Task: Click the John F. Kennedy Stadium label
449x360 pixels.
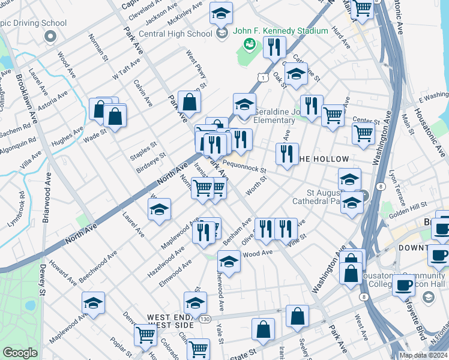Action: coord(280,31)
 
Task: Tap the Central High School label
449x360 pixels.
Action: coord(175,34)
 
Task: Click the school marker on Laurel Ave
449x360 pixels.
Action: coord(159,210)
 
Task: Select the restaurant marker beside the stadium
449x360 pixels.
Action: coord(274,46)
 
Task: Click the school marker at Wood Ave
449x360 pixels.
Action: coord(228,261)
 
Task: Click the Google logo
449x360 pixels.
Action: coord(20,353)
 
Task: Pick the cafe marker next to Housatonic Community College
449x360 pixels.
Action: coord(403,285)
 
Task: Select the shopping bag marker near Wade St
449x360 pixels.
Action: coord(115,115)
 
